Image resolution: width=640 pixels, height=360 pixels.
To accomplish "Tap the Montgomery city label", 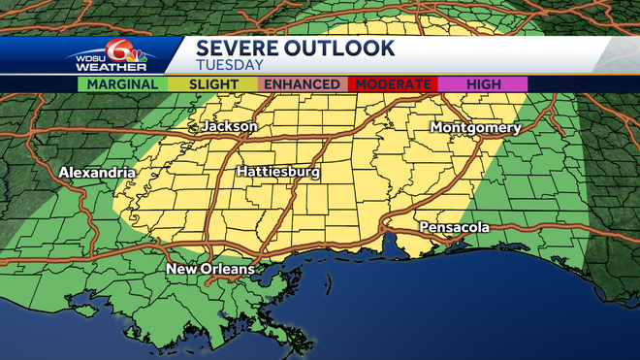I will [475, 128].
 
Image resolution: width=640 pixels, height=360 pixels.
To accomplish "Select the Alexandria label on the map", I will [98, 173].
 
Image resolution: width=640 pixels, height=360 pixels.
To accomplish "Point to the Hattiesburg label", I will [278, 173].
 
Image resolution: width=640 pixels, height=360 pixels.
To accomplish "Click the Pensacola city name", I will [454, 227].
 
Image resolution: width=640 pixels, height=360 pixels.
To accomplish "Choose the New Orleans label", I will [210, 269].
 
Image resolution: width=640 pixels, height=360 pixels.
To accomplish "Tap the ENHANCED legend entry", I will [302, 84].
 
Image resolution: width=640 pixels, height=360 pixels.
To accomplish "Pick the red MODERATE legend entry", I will [392, 84].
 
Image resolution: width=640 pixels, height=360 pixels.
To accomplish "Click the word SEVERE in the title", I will [236, 48].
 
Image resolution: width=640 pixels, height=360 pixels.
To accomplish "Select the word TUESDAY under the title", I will [229, 66].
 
